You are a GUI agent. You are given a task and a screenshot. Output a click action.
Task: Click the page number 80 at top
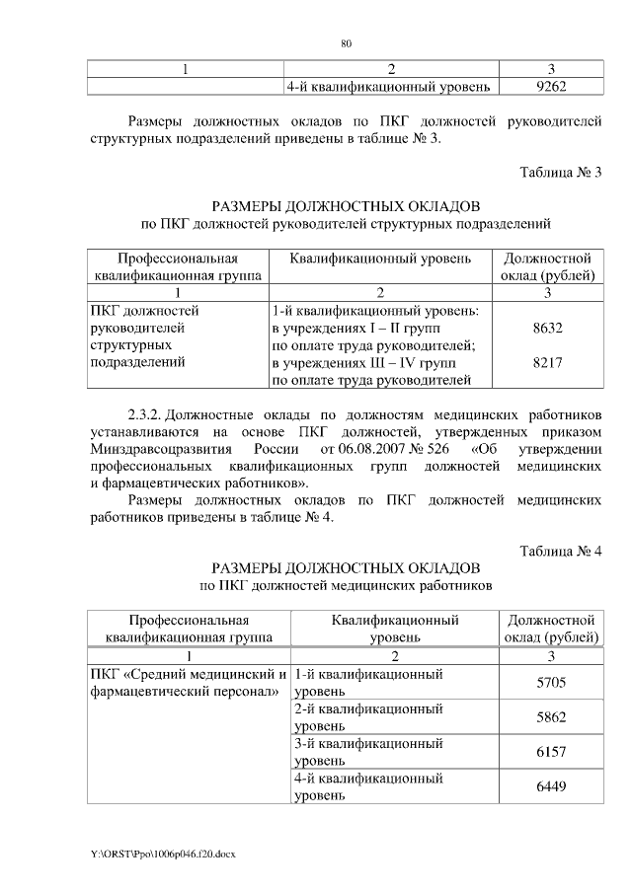pos(346,44)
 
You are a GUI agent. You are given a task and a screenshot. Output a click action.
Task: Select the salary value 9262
pos(548,87)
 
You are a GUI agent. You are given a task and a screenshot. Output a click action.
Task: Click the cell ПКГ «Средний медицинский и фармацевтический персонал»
pos(189,682)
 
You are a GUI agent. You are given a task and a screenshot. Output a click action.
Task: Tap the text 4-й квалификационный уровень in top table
pos(387,87)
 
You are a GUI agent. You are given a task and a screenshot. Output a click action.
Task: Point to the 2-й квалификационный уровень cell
pos(367,717)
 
